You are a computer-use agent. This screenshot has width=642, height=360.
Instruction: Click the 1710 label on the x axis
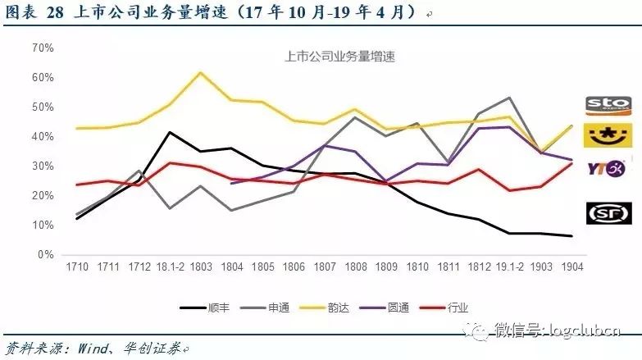click(77, 268)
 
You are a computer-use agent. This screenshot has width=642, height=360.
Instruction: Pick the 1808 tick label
click(354, 268)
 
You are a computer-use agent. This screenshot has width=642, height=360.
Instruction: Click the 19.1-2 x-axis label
click(539, 268)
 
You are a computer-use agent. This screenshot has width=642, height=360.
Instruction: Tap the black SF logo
click(608, 213)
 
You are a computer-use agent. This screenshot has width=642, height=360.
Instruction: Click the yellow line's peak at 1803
click(200, 72)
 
